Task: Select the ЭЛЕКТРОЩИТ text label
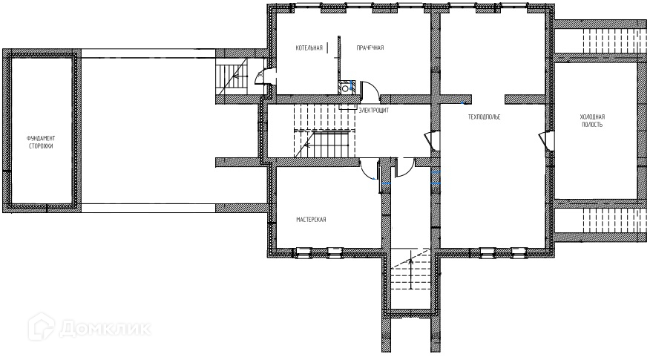click(x=374, y=110)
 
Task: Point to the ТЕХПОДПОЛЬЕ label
click(x=484, y=117)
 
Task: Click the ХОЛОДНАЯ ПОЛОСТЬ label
click(x=592, y=121)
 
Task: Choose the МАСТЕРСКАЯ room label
click(x=311, y=220)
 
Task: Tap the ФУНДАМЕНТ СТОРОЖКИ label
click(x=41, y=143)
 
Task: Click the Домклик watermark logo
click(x=89, y=327)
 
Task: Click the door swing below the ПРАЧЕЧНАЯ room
click(x=369, y=92)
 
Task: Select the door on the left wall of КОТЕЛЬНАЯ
click(x=264, y=76)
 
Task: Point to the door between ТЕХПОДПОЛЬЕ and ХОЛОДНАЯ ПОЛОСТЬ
click(x=545, y=139)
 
